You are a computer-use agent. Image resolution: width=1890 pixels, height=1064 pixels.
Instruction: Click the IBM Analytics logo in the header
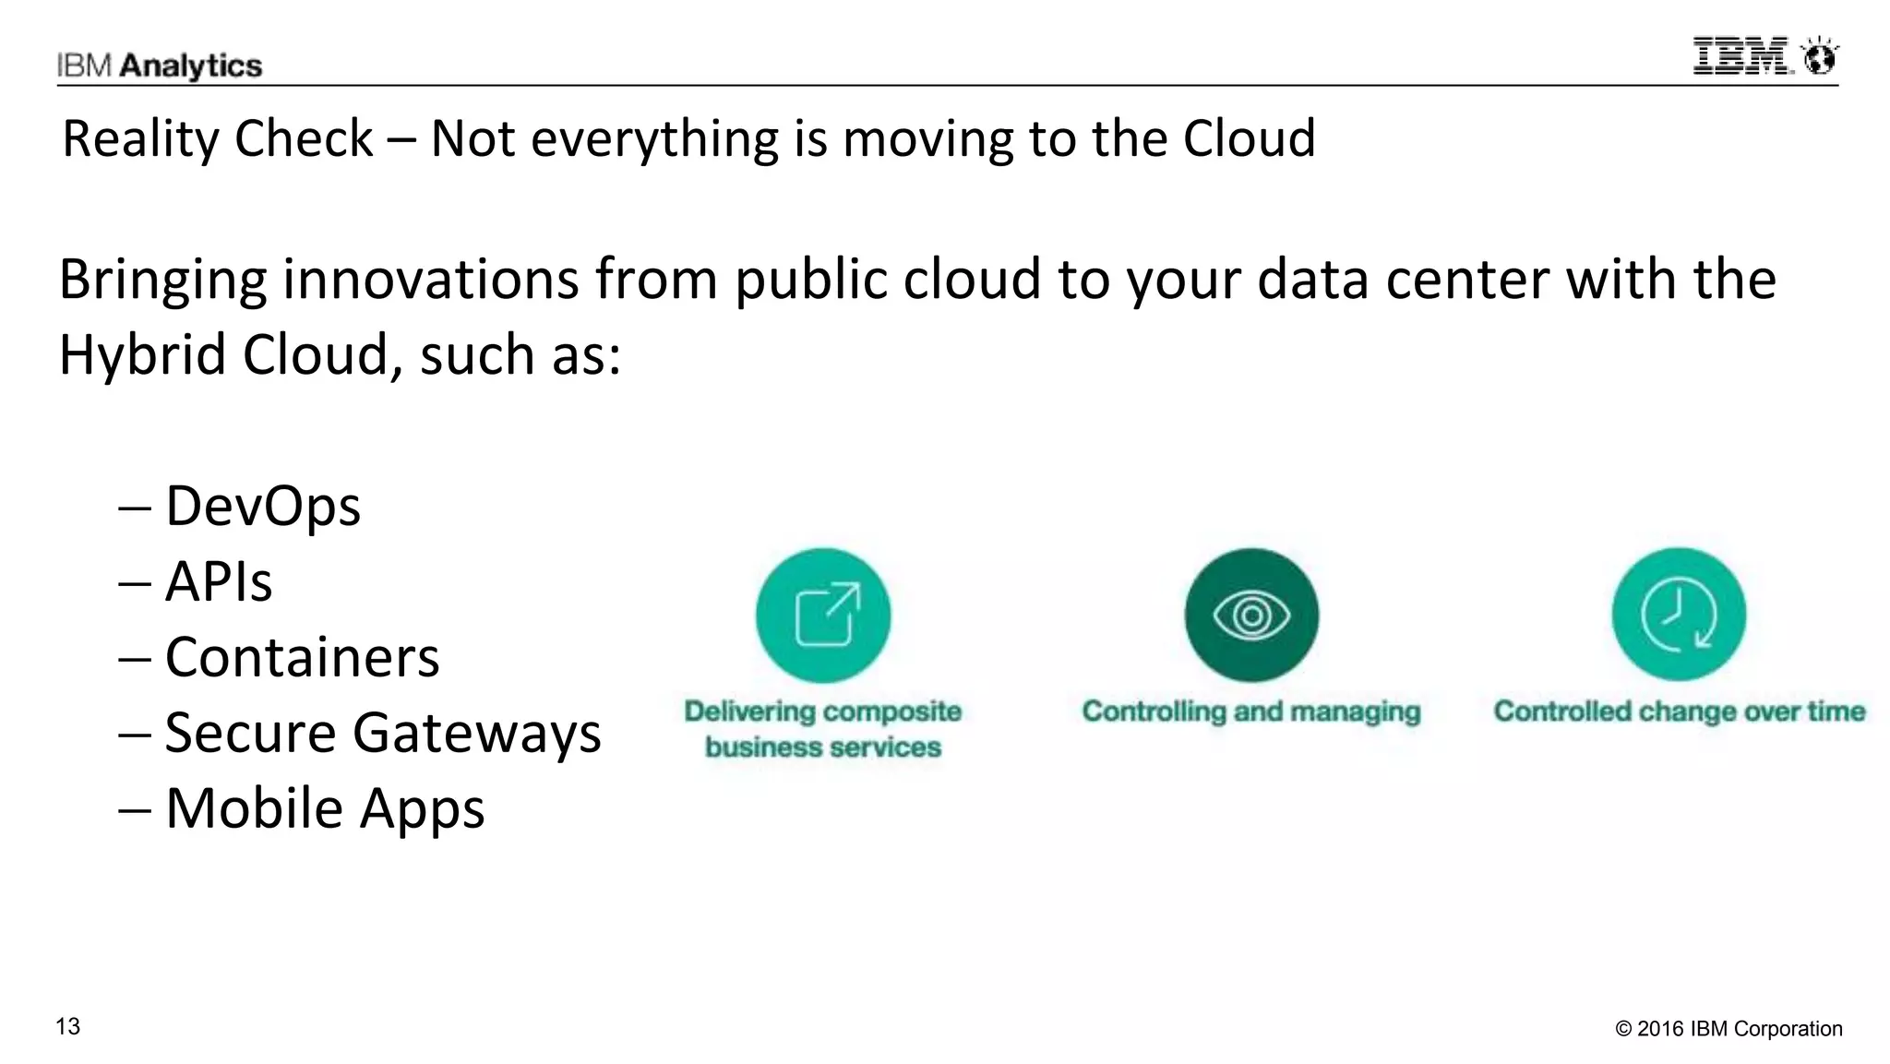[159, 66]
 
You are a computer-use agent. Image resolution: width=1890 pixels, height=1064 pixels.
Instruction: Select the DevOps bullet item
[262, 506]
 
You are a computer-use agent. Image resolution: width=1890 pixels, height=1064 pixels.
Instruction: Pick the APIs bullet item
[219, 581]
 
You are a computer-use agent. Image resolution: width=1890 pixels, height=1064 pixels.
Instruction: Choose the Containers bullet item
[302, 657]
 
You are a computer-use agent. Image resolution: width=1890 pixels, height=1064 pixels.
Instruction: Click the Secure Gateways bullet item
[382, 733]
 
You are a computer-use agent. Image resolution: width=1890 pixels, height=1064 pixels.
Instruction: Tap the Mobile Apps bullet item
[324, 808]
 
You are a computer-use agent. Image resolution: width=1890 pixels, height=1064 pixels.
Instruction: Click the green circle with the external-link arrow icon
[823, 615]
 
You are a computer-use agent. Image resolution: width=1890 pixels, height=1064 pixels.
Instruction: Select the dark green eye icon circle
[1251, 615]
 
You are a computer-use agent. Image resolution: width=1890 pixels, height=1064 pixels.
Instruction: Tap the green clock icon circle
[1679, 615]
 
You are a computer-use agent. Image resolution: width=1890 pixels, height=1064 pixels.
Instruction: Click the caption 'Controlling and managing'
[1251, 711]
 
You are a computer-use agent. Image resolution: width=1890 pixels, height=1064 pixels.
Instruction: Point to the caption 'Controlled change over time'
[1680, 711]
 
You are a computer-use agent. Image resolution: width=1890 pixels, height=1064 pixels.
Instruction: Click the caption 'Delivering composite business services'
[823, 729]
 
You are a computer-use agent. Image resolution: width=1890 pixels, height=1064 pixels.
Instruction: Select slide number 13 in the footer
[68, 1026]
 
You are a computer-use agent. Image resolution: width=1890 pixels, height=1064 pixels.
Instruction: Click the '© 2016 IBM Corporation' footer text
[1729, 1029]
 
